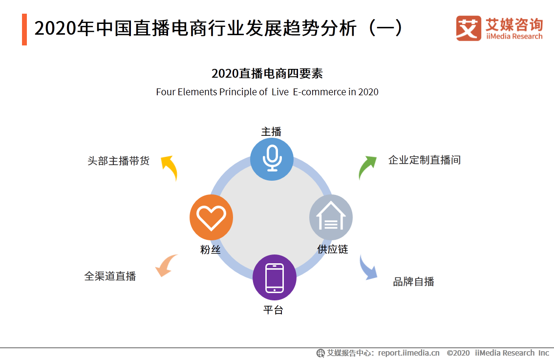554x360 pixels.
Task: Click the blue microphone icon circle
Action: pyautogui.click(x=272, y=159)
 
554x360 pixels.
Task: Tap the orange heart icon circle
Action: pyautogui.click(x=211, y=217)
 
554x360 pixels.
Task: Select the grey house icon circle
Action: pyautogui.click(x=331, y=217)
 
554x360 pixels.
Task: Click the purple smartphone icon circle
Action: pyautogui.click(x=274, y=277)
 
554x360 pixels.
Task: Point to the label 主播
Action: pyautogui.click(x=271, y=132)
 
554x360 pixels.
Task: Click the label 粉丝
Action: pyautogui.click(x=211, y=249)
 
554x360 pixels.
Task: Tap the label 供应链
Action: pyautogui.click(x=333, y=249)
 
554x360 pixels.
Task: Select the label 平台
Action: pyautogui.click(x=273, y=310)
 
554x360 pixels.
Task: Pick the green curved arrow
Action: pyautogui.click(x=366, y=167)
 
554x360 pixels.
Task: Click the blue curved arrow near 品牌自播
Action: pyautogui.click(x=368, y=268)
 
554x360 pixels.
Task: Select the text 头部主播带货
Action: pyautogui.click(x=118, y=161)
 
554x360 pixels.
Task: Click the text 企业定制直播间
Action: pyautogui.click(x=424, y=160)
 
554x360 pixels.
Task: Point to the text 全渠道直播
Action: pyautogui.click(x=110, y=276)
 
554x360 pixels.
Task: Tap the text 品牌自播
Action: pyautogui.click(x=413, y=282)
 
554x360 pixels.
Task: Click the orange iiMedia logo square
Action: pyautogui.click(x=469, y=28)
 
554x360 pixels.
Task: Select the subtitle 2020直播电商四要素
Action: pyautogui.click(x=267, y=74)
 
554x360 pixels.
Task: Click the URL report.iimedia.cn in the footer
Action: pyautogui.click(x=408, y=353)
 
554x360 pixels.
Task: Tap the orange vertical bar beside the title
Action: pyautogui.click(x=24, y=29)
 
